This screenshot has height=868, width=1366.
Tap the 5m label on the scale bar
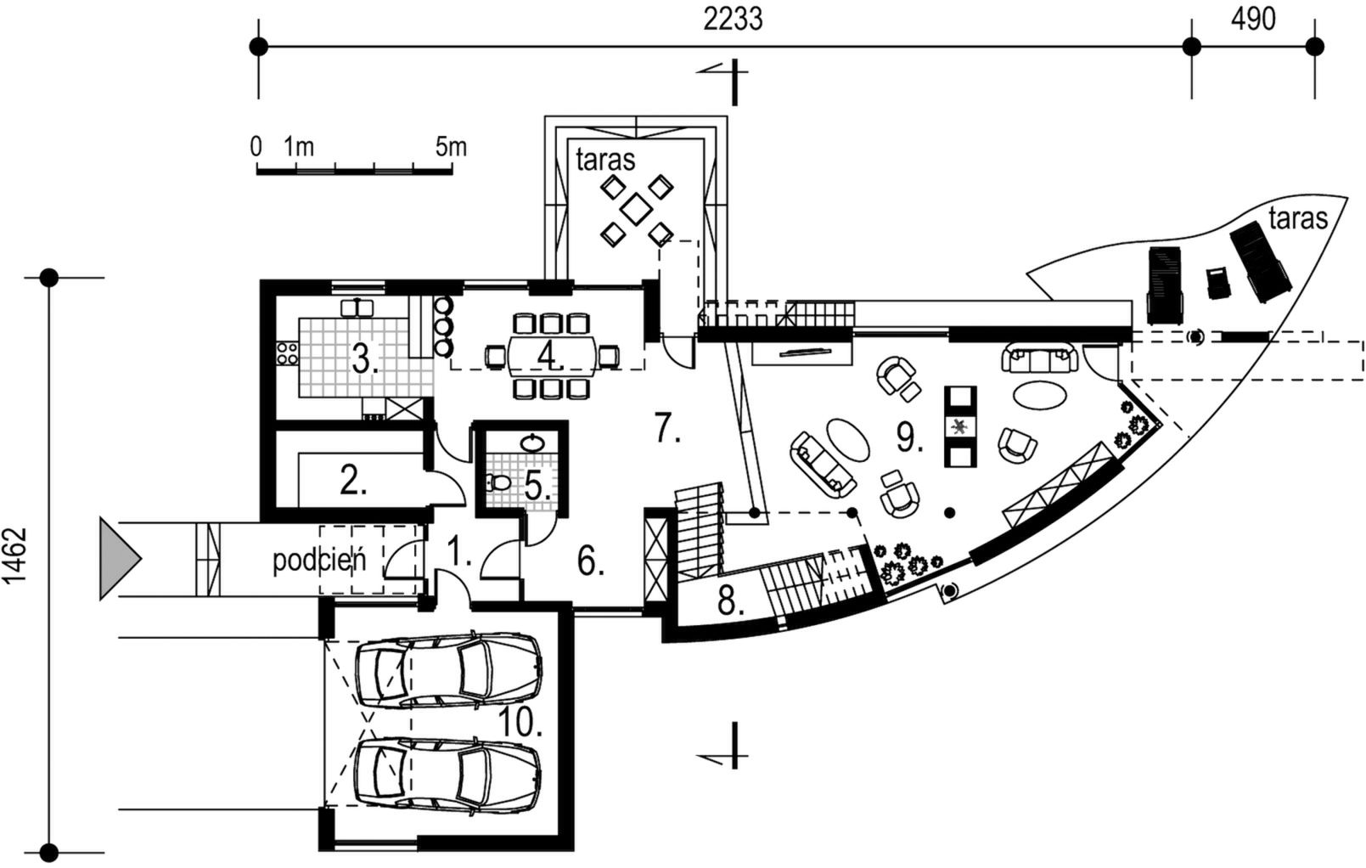(450, 147)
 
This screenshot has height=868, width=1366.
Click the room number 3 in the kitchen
(364, 360)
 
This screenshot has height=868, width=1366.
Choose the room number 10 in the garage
(520, 724)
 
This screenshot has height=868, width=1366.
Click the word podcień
(318, 561)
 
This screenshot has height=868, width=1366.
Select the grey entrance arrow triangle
(117, 558)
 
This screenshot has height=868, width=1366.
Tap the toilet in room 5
(499, 483)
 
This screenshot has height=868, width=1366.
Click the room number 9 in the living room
(908, 437)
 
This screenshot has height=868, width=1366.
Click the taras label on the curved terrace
(1297, 218)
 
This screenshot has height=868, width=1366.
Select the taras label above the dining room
(604, 159)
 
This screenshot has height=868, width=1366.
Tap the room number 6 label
(590, 561)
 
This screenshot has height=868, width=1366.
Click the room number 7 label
(667, 429)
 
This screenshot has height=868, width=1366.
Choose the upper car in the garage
(448, 671)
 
